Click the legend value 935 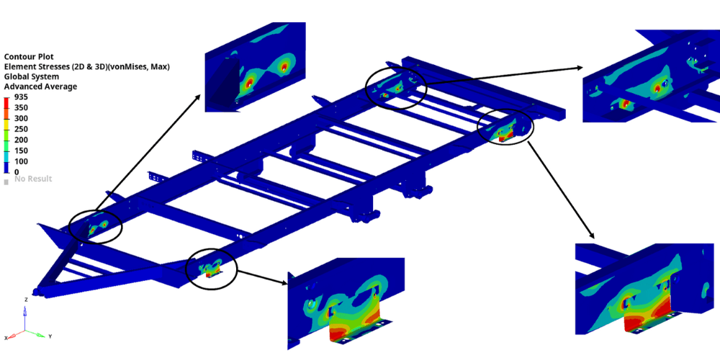click(x=22, y=97)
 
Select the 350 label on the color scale click(x=22, y=108)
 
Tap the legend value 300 click(x=22, y=119)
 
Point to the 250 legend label click(x=22, y=130)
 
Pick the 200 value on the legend click(x=22, y=140)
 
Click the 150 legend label click(x=22, y=150)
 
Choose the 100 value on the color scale click(x=22, y=161)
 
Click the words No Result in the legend click(x=33, y=179)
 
